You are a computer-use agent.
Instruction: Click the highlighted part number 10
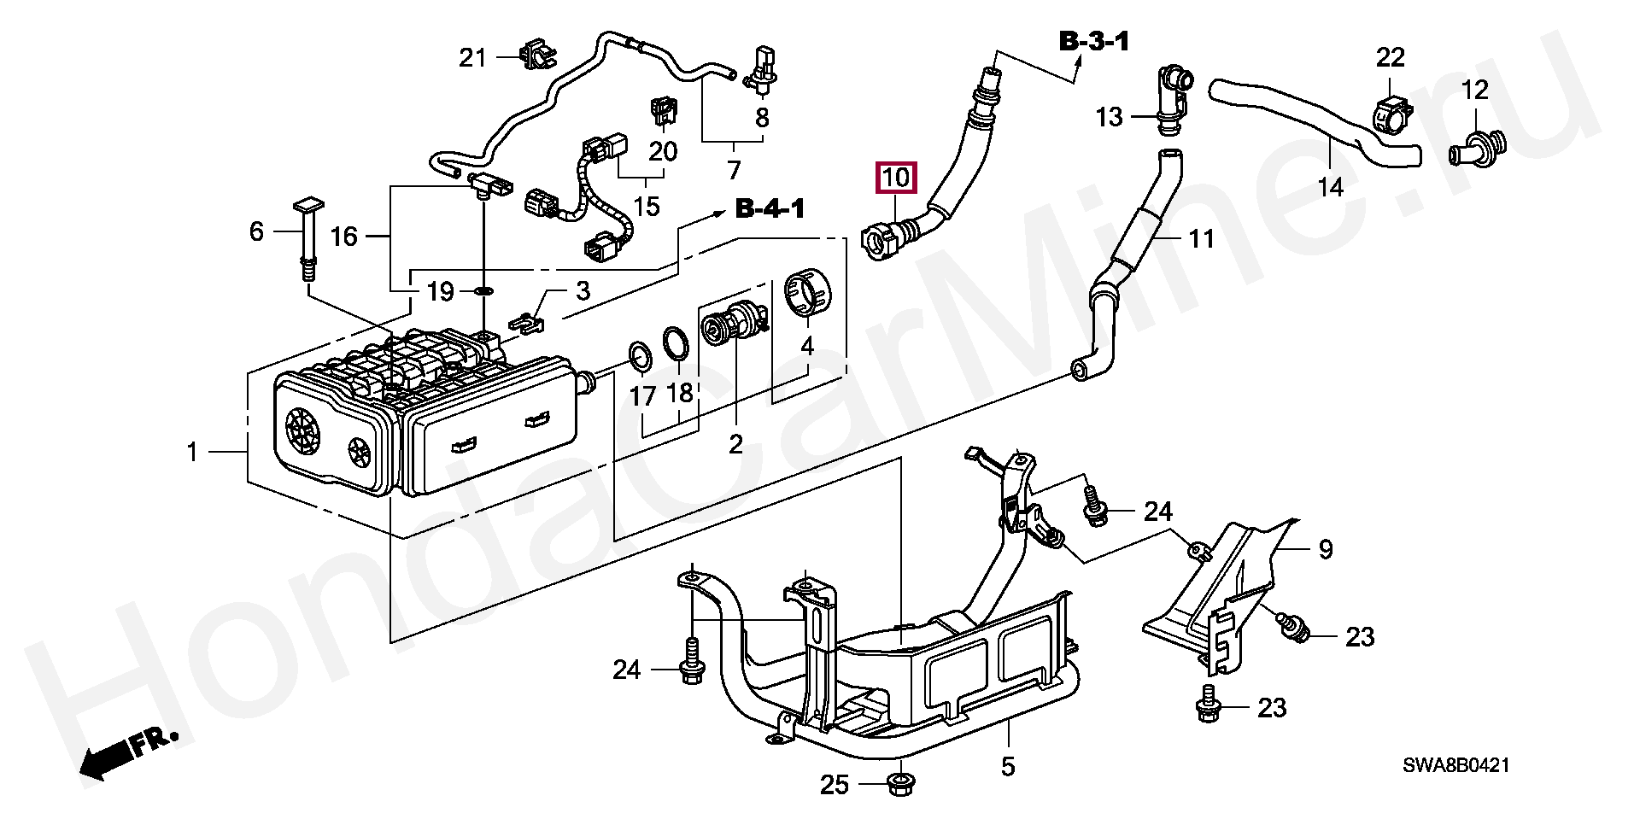[x=895, y=178]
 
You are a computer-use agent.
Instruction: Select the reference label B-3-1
[x=1094, y=40]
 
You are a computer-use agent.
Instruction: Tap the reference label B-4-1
[x=770, y=208]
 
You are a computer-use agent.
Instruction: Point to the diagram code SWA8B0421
[x=1455, y=765]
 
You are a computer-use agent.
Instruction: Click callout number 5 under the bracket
[x=1008, y=766]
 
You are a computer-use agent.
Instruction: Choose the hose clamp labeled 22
[x=1391, y=115]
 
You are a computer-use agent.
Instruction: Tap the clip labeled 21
[x=536, y=53]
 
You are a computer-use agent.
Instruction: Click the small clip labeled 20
[x=663, y=108]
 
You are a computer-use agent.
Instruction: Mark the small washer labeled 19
[x=483, y=291]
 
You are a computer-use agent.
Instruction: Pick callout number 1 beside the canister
[x=192, y=451]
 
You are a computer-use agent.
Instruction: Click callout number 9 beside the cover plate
[x=1325, y=549]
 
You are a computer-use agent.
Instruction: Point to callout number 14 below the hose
[x=1331, y=186]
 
